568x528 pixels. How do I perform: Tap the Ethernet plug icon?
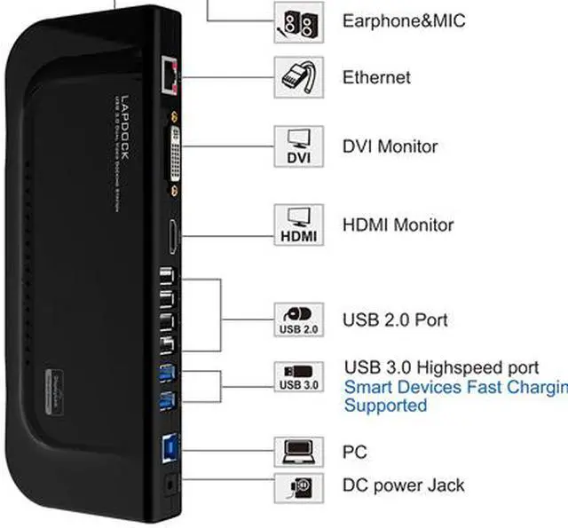point(297,77)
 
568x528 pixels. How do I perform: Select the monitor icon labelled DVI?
point(297,146)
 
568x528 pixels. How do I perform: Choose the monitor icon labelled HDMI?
point(297,225)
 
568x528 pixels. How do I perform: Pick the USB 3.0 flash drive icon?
point(297,376)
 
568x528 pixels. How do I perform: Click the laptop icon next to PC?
point(297,452)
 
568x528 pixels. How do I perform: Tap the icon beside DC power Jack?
point(297,486)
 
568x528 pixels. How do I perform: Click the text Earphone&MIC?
point(404,20)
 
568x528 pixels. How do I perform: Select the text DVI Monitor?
point(390,146)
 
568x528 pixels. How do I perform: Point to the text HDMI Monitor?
point(398,225)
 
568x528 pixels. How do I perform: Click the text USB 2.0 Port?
point(395,319)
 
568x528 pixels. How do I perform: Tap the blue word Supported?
point(385,406)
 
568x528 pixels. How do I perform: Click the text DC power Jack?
point(403,485)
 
